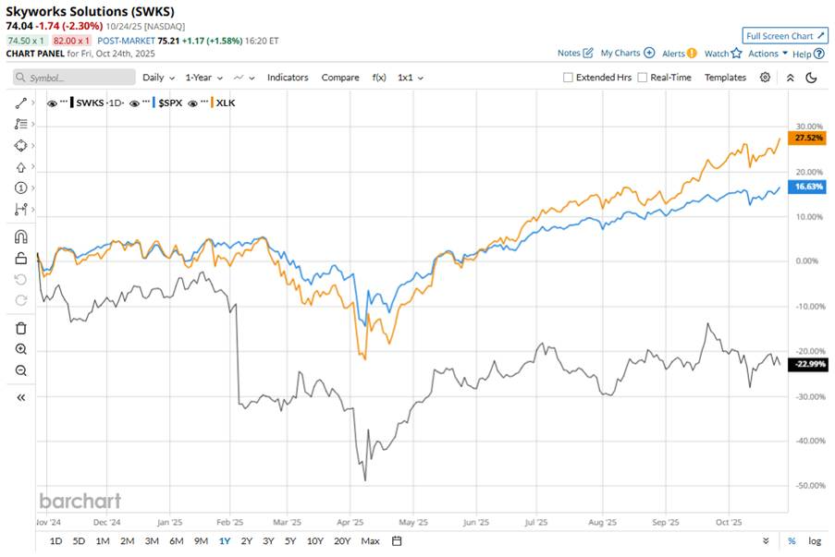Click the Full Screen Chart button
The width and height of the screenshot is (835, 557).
[784, 36]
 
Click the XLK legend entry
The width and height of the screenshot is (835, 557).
[225, 103]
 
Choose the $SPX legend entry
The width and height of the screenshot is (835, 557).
[167, 103]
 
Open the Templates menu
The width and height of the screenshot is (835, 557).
[725, 78]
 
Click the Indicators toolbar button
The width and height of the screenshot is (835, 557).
[288, 78]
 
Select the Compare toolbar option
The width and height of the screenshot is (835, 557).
[340, 78]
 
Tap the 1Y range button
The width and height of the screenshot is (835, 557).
[224, 540]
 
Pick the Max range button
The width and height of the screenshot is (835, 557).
[370, 540]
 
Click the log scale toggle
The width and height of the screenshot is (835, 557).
[815, 540]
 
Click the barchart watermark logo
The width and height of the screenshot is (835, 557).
[80, 500]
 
